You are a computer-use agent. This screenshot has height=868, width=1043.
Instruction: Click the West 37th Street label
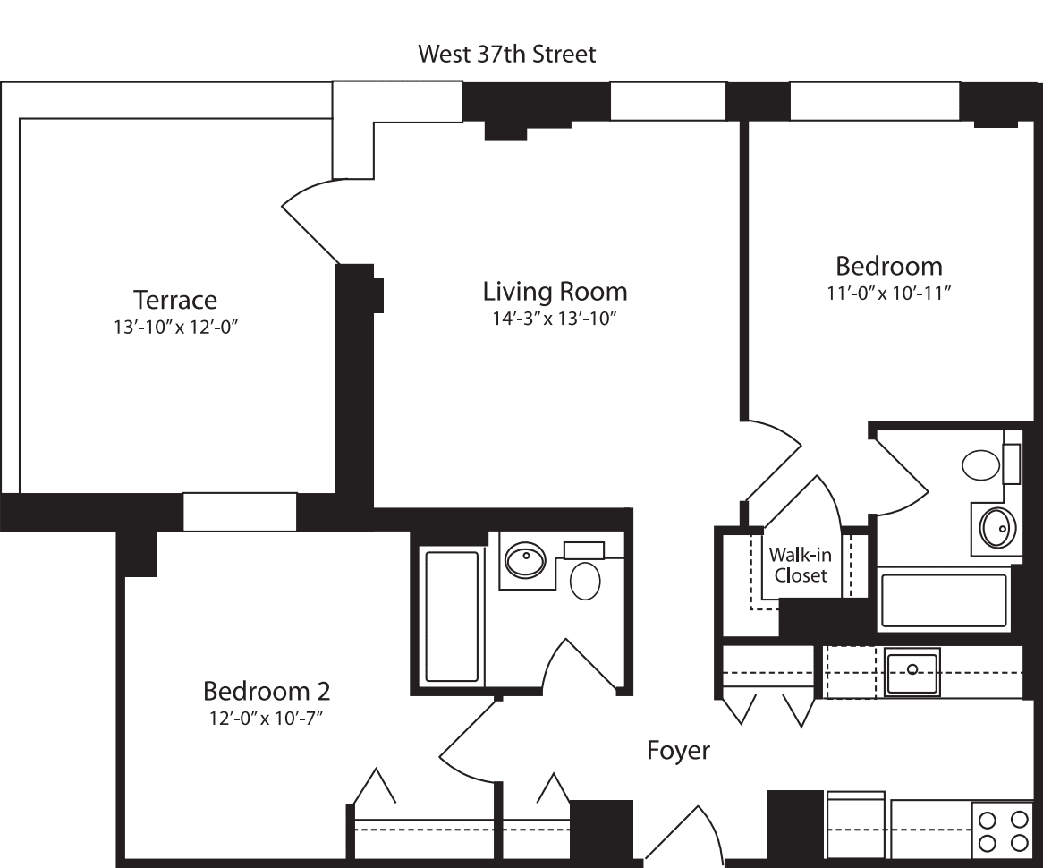coord(506,54)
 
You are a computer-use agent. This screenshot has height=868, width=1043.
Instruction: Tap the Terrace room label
coord(175,299)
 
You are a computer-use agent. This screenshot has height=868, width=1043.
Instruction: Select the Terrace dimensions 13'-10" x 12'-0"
coord(175,327)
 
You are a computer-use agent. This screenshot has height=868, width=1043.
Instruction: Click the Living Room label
coord(555,291)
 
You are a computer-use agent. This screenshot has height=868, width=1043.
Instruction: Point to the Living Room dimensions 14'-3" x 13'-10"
coord(555,319)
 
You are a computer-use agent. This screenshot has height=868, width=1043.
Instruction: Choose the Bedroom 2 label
coord(267,691)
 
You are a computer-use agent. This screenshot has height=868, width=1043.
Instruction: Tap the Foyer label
coord(678,750)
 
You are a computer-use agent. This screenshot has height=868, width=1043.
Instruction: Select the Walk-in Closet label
coord(801,565)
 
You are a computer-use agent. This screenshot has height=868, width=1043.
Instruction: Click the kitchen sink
coord(912,672)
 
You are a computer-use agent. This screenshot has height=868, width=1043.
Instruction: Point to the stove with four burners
coord(1002,831)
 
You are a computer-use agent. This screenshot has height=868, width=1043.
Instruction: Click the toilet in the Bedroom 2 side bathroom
coord(586,579)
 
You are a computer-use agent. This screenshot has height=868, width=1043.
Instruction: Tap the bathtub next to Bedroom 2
coord(452,617)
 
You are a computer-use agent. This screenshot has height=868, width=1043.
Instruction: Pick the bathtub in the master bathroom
coord(944,600)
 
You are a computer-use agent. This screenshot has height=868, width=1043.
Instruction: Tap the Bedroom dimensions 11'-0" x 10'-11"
coord(888,294)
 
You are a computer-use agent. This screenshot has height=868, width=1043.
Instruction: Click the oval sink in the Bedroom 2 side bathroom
coord(525,561)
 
